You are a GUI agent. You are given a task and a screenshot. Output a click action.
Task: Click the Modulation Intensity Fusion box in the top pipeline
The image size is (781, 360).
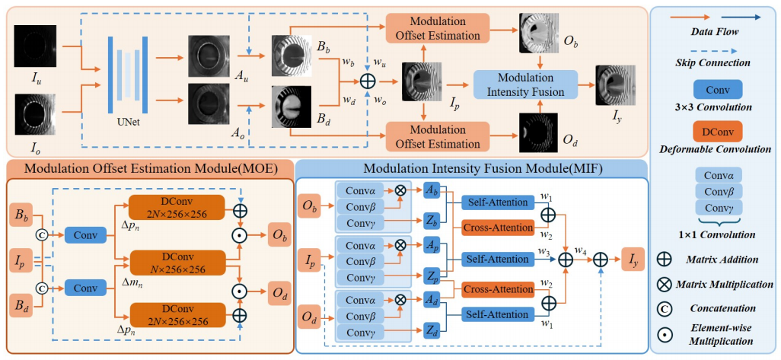[x=520, y=85]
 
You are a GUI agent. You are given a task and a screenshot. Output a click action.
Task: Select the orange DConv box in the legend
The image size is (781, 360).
[x=713, y=132]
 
